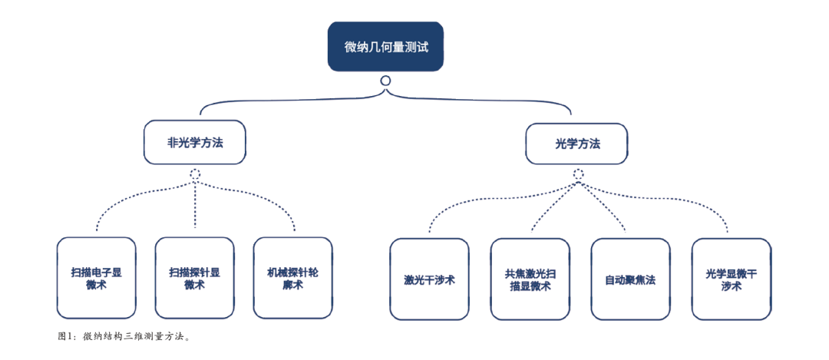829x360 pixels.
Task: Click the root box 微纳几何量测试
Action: pos(385,47)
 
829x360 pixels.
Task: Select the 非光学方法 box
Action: pos(195,142)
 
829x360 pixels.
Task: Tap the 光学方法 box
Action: pos(576,144)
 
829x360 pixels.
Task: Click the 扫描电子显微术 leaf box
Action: pos(96,278)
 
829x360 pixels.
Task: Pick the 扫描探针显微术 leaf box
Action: pos(194,278)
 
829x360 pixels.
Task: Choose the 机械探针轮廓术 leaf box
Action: pos(292,278)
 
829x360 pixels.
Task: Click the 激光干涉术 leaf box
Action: pos(429,279)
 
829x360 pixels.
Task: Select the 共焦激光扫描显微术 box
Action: pos(530,279)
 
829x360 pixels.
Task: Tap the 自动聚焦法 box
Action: pos(629,279)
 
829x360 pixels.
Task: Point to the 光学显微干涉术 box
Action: pos(731,279)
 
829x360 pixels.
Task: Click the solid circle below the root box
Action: pos(385,81)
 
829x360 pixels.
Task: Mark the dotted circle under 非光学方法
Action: pos(195,174)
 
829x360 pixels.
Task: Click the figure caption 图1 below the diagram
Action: pos(124,336)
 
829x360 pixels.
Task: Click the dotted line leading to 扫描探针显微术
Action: pos(195,203)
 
